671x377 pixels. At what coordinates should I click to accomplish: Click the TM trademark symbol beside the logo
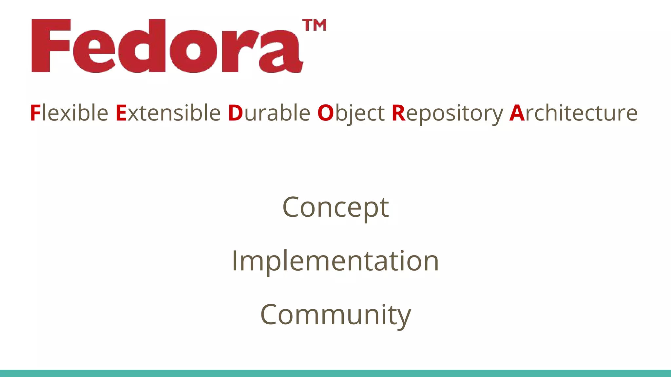coord(314,26)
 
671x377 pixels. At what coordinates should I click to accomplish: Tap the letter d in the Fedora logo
coord(145,46)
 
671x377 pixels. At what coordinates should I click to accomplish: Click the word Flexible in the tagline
coord(69,113)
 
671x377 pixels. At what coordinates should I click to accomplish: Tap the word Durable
coord(269,113)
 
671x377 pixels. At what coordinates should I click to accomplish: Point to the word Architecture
coord(573,113)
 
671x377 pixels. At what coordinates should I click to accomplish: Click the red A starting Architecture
coord(517,113)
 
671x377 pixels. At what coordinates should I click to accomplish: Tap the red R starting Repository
coord(398,113)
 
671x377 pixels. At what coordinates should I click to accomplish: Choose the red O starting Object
coord(325,113)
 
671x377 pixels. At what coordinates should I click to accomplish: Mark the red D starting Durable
coord(235,113)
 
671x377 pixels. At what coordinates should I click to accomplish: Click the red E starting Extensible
coord(121,113)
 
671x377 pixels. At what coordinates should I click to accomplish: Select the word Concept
coord(335,208)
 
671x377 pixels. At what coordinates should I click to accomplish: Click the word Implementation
coord(335,261)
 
